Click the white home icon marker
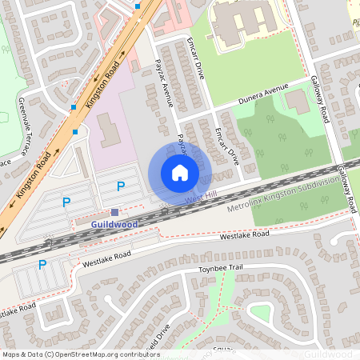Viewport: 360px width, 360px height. [180, 173]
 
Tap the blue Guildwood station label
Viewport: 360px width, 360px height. [114, 225]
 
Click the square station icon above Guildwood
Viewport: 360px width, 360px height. [115, 212]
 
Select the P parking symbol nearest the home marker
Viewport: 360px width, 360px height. [121, 186]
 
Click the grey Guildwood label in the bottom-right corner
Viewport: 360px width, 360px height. [328, 353]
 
